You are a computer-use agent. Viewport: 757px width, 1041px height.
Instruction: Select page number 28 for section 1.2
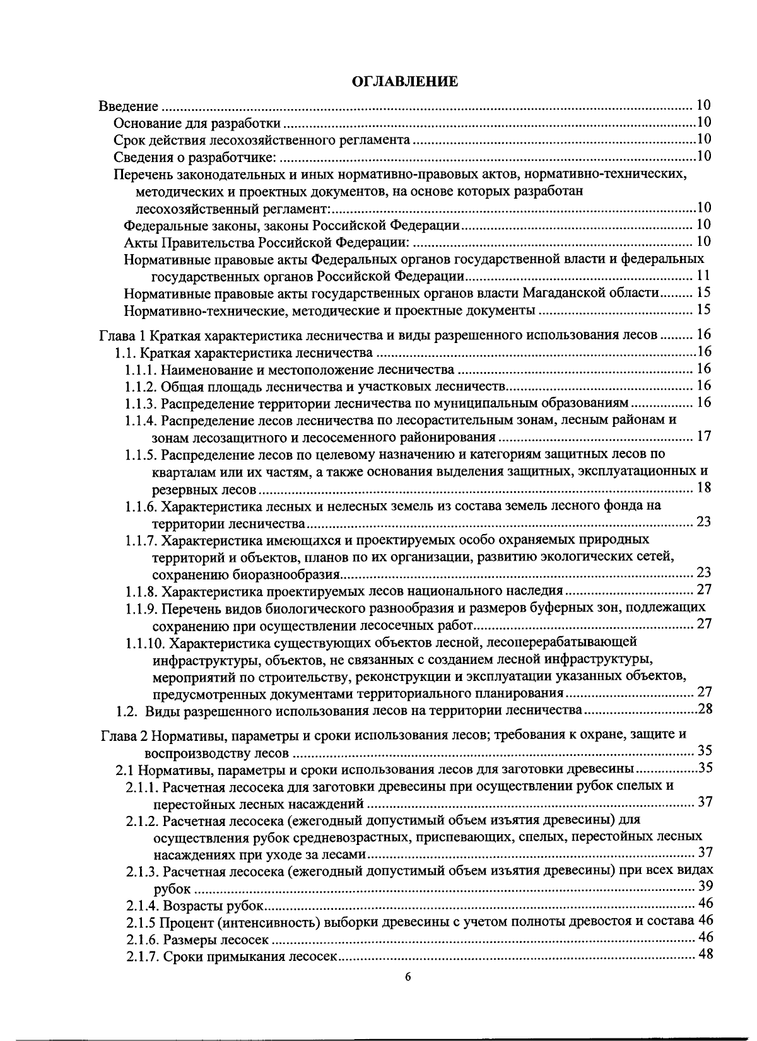[705, 710]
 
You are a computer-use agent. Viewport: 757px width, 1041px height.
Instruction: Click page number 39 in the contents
[705, 887]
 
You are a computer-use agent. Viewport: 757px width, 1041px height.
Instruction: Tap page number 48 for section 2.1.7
[705, 955]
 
